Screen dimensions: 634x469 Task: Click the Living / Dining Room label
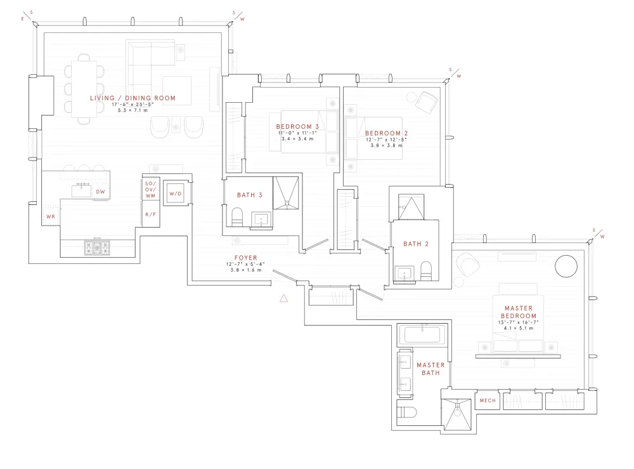133,98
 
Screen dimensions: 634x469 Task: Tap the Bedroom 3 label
297,127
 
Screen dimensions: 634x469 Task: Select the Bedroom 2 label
386,133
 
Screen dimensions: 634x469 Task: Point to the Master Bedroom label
519,312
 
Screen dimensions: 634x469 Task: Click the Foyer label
246,258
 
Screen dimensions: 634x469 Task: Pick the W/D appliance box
176,194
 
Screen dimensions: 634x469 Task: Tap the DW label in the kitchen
100,192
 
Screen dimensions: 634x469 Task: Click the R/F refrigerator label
150,215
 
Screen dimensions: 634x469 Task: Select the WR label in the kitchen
51,216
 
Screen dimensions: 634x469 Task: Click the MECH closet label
488,400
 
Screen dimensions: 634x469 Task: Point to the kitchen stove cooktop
97,248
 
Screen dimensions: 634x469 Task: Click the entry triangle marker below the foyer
284,298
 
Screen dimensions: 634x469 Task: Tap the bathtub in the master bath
422,334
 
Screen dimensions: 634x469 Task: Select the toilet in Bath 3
237,217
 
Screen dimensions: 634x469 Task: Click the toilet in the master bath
407,413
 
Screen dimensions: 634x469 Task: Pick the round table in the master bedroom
566,267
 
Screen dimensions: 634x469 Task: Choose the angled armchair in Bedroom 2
427,102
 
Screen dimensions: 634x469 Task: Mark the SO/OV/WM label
150,189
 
